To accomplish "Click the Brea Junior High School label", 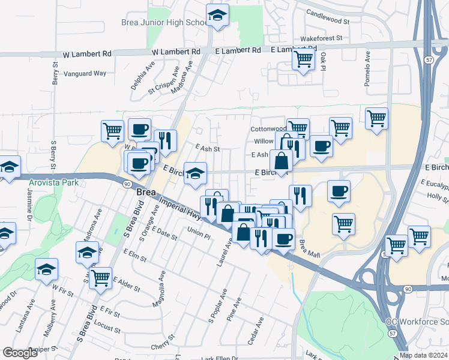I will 163,22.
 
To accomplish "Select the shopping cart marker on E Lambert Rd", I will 304,59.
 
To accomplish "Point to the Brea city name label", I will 147,193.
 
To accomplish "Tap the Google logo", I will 20,353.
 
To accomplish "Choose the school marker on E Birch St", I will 195,173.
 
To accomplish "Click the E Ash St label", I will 208,148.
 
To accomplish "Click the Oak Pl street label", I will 323,61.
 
